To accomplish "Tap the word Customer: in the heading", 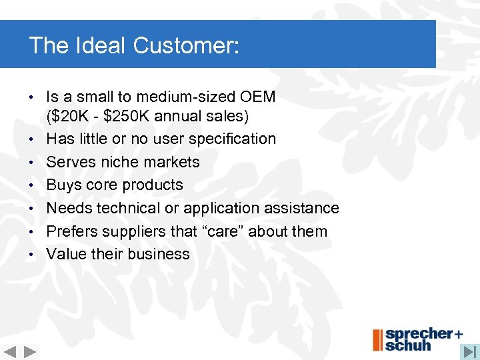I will coord(186,46).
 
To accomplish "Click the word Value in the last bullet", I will coord(65,254).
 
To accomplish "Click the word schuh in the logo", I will coord(409,345).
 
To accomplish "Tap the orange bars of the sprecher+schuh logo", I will coord(377,340).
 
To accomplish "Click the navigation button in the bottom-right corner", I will coord(469,351).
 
